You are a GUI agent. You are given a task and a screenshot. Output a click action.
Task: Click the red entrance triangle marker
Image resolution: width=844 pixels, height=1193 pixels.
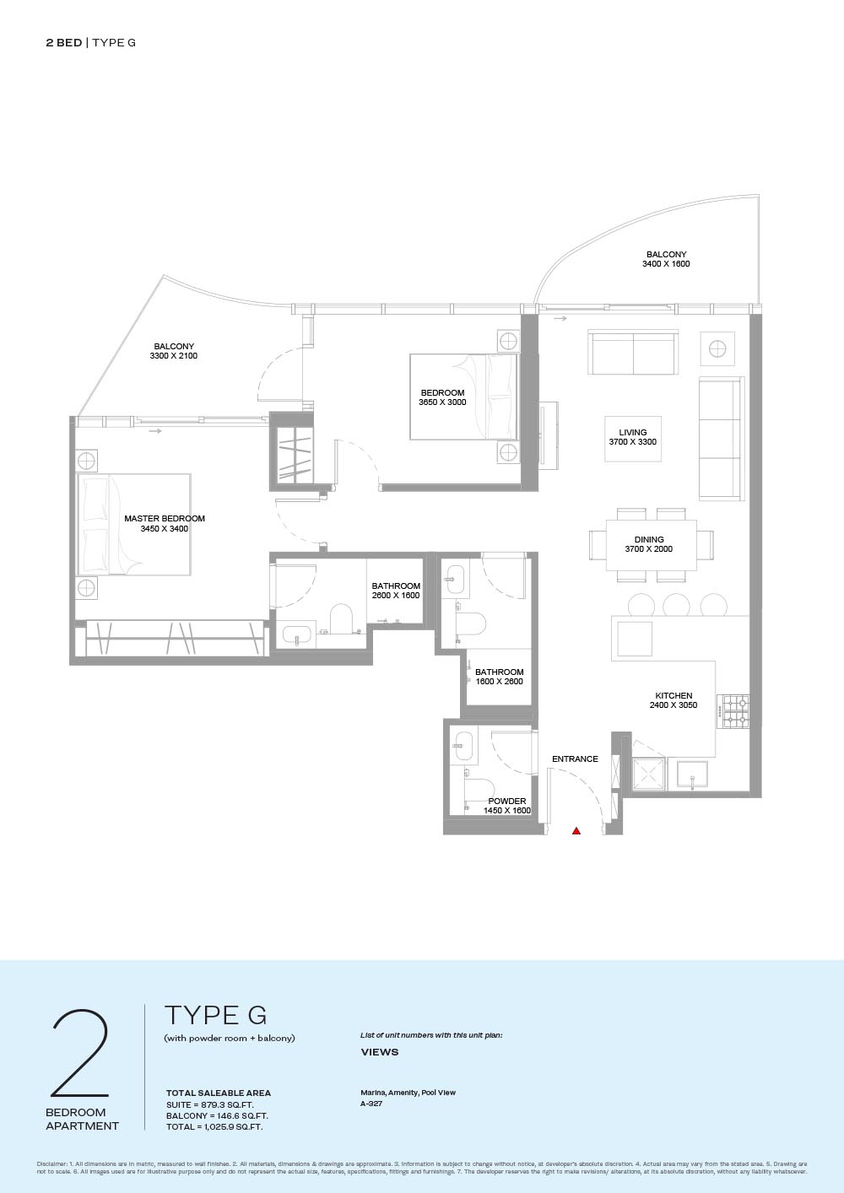576,830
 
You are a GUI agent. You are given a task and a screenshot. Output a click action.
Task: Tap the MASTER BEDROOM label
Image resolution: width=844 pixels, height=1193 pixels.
165,518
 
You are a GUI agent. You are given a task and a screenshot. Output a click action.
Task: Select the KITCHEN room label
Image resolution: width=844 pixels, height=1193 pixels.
674,695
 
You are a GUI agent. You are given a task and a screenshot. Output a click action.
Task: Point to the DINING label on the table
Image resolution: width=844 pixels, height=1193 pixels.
649,539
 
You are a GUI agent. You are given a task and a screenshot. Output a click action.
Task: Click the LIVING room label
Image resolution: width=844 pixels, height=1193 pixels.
633,433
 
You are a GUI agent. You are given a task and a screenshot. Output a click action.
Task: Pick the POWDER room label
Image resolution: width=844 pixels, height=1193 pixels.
507,801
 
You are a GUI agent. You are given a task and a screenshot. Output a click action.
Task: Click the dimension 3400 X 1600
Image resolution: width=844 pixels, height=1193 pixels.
666,263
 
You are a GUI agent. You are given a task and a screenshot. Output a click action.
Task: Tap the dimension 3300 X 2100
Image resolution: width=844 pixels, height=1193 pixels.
174,356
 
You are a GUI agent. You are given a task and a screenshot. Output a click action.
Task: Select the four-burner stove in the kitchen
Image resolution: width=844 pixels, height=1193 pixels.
733,711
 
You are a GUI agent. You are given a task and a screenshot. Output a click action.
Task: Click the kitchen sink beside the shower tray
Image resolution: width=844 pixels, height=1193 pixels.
692,774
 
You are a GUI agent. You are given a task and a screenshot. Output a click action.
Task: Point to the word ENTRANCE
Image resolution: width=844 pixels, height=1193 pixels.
575,759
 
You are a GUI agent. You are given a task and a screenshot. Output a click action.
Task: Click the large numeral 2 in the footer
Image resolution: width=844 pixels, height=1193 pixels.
80,1053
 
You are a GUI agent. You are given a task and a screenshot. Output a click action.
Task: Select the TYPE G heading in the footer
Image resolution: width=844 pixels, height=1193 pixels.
215,1015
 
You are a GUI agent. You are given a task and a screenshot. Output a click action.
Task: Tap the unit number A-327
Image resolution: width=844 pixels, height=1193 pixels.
371,1104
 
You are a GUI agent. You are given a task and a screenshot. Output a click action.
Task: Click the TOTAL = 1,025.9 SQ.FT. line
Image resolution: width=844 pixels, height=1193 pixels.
214,1126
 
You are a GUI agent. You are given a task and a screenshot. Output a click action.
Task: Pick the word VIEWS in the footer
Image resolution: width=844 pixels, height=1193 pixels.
380,1052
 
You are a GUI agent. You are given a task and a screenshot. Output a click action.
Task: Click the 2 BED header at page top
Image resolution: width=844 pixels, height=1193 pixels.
64,42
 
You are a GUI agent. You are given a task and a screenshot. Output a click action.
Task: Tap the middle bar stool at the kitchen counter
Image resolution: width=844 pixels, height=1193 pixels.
676,605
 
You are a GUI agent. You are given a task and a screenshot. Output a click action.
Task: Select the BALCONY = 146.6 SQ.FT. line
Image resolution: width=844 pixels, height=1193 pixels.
217,1115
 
